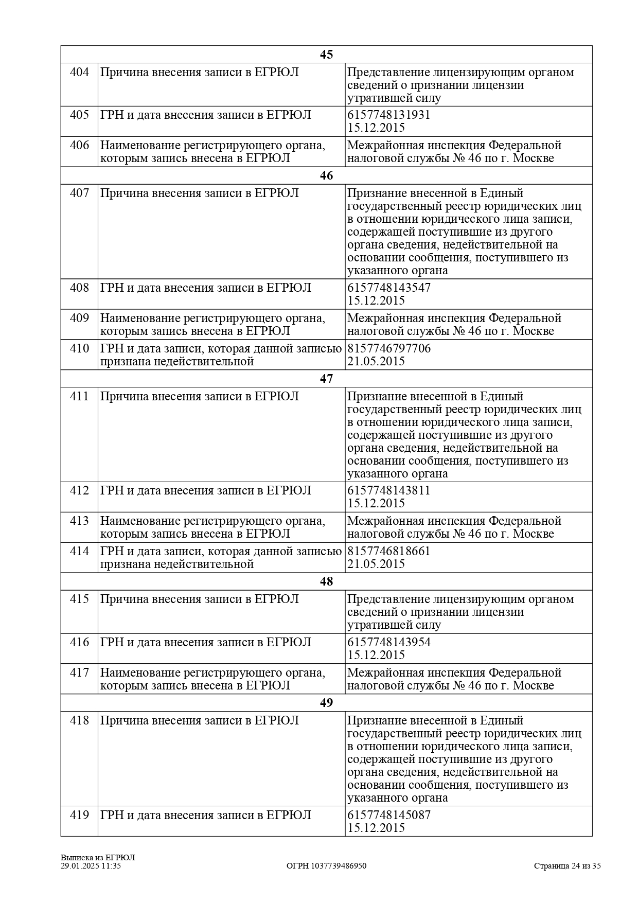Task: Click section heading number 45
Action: coord(326,55)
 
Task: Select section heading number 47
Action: coord(326,379)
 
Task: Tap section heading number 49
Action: coord(326,703)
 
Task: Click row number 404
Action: coord(79,72)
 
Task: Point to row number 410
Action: coord(79,348)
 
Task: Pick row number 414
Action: coord(79,551)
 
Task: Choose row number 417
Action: coord(79,672)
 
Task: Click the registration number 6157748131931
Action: coord(388,115)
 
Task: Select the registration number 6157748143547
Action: coord(388,288)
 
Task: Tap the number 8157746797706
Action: coord(388,348)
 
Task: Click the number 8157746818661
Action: coord(388,551)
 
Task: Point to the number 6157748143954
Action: coord(388,642)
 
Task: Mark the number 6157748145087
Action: coord(388,815)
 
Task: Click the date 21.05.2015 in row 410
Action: coord(376,361)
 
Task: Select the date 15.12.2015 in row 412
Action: coord(376,503)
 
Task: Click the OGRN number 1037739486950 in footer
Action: coord(326,866)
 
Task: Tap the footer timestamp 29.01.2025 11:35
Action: coord(91,866)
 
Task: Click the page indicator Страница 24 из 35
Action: coord(567,866)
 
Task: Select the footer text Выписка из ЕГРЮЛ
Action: coord(98,858)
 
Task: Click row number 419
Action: coord(79,815)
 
